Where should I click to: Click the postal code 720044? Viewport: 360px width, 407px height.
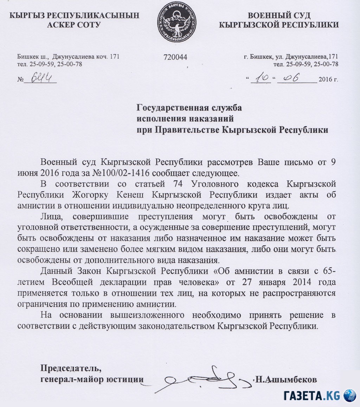[x=175, y=57]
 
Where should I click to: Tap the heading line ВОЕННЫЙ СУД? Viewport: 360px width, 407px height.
[x=279, y=15]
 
